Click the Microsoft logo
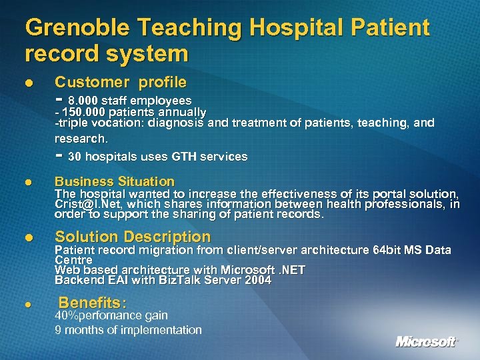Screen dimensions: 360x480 click(427, 341)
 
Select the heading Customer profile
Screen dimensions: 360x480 click(120, 82)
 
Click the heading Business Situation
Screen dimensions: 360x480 click(114, 181)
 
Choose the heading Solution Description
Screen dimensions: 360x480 click(132, 237)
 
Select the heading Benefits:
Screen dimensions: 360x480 click(93, 302)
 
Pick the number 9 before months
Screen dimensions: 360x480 click(58, 330)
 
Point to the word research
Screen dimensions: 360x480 click(80, 139)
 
